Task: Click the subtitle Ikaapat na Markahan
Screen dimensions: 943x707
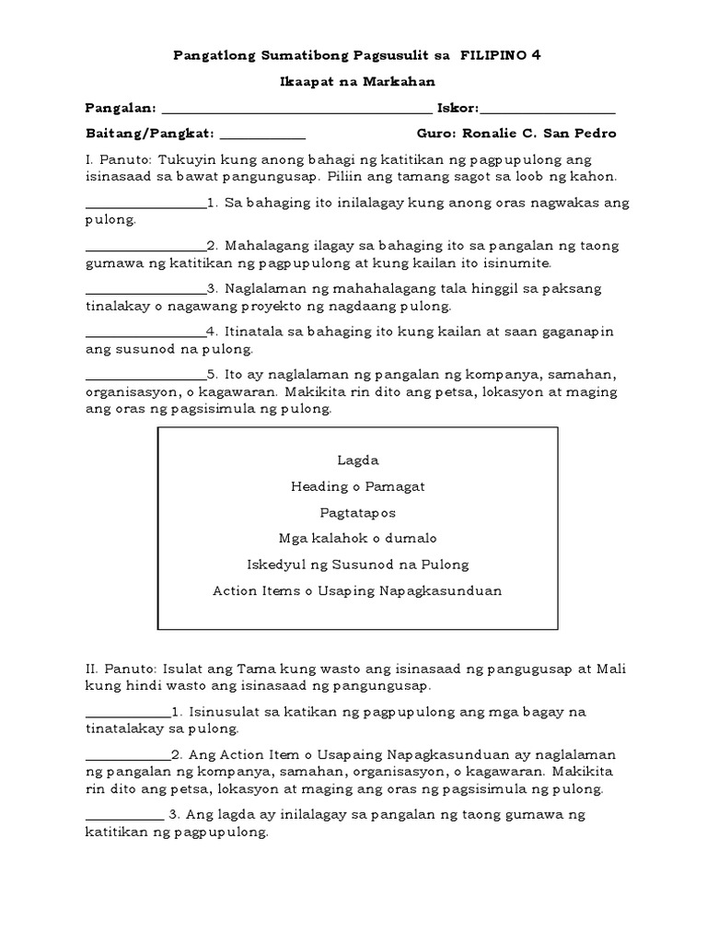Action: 353,82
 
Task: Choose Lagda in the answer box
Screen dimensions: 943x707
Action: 358,460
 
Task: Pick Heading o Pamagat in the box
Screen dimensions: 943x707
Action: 358,486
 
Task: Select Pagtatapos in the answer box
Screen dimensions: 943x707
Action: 358,513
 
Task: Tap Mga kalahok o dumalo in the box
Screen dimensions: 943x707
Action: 358,539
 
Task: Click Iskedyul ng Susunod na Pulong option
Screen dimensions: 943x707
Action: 358,565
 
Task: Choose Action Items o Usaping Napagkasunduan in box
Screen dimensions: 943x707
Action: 358,590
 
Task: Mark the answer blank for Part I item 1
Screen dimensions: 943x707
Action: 145,207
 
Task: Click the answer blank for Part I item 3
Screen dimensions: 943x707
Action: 145,293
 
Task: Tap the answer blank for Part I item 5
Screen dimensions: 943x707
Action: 145,379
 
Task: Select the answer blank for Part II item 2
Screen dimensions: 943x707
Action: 128,760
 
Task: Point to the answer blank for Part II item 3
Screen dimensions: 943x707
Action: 124,820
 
